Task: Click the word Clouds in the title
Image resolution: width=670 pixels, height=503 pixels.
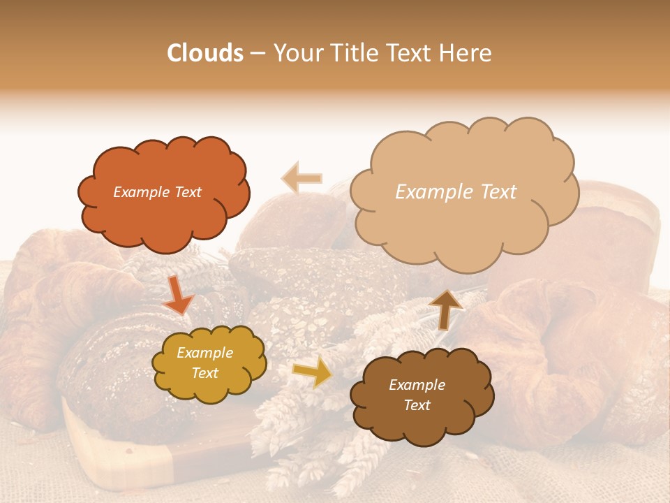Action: coord(205,53)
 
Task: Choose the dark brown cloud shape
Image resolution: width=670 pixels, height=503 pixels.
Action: coord(422,416)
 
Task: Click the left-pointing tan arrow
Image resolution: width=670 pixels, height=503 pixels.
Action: coord(302,178)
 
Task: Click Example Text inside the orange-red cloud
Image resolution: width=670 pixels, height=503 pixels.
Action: coord(157,192)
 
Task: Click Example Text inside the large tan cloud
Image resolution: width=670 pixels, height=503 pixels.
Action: coord(456,192)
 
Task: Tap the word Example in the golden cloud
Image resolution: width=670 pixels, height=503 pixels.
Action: coord(204,353)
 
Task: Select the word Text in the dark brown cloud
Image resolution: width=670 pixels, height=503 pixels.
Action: coord(417,405)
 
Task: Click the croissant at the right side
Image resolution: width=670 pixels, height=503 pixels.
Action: coord(558,349)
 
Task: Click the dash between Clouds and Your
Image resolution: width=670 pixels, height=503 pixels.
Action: coord(258,54)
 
